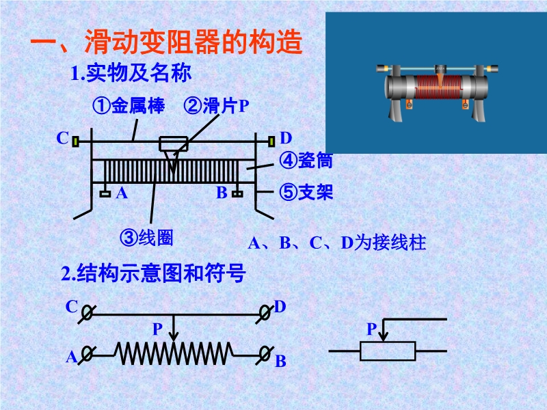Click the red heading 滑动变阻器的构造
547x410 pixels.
(x=167, y=44)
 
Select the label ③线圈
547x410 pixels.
(x=146, y=238)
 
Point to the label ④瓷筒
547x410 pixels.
(x=306, y=161)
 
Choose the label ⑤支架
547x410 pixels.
(x=306, y=193)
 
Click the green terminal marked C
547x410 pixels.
(x=77, y=141)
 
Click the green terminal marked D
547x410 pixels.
(x=271, y=141)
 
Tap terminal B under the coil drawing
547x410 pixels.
(x=237, y=194)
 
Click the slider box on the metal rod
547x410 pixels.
(x=173, y=144)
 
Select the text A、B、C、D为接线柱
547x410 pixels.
(x=336, y=243)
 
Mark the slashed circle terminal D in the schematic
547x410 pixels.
(x=265, y=313)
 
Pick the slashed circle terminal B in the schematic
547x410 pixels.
(x=265, y=353)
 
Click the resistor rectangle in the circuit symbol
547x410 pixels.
(x=388, y=351)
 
